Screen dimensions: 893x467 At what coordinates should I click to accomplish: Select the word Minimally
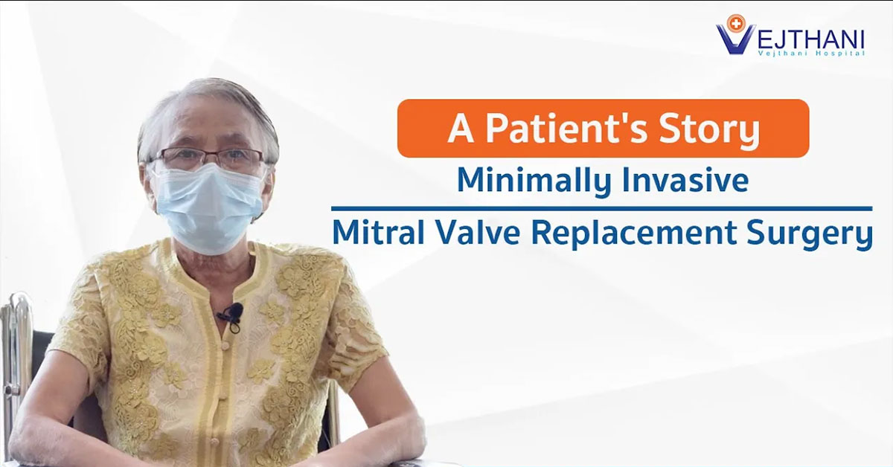(534, 181)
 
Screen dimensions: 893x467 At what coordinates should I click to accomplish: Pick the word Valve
(478, 232)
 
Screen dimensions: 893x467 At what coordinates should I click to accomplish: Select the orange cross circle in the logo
(735, 24)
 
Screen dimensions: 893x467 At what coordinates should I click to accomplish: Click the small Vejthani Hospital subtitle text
(811, 54)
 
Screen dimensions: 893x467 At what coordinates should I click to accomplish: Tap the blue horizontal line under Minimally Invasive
(601, 208)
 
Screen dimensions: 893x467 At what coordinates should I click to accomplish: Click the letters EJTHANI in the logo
(810, 39)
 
